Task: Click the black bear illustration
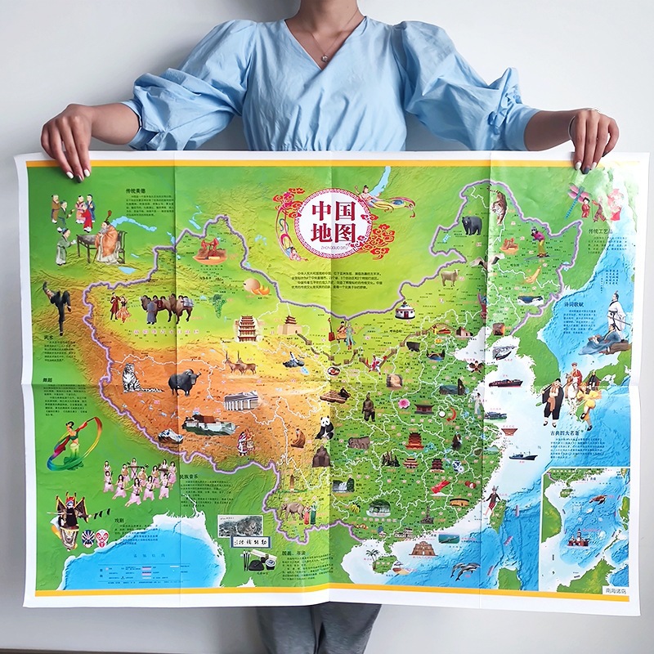pos(472,225)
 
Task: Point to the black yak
pos(183,382)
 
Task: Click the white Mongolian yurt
pos(405,311)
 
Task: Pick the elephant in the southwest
pos(292,512)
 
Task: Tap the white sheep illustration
pos(449,276)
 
